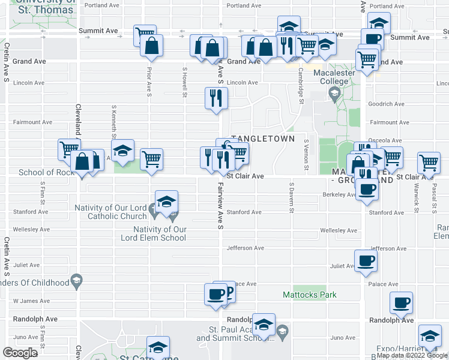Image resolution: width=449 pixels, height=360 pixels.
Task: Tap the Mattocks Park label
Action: pos(310,295)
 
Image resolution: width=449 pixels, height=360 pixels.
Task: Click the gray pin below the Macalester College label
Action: pos(334,93)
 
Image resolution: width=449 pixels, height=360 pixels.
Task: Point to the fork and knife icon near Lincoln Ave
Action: pos(216,98)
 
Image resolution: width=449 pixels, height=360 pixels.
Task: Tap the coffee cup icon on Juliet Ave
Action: pos(366,261)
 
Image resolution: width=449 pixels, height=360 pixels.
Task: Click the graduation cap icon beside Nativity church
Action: pos(166,202)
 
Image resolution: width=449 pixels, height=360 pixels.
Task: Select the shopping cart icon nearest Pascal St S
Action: pos(429,162)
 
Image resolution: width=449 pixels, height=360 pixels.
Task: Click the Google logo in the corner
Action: pos(20,352)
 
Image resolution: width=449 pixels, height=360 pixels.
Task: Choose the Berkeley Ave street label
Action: pos(340,194)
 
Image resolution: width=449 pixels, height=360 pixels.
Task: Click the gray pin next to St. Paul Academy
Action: pos(283,329)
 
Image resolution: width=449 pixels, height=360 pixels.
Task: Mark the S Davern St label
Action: pos(292,197)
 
